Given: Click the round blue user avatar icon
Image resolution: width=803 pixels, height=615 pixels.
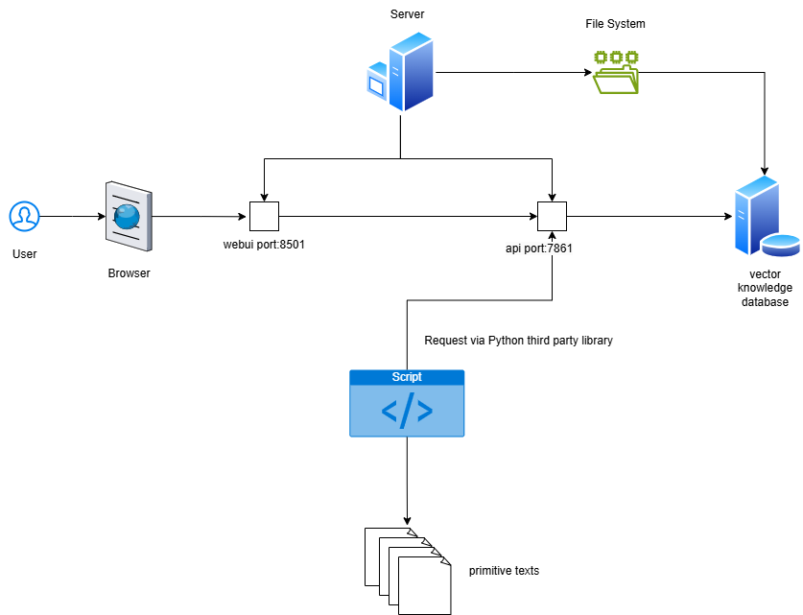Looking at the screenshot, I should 24,216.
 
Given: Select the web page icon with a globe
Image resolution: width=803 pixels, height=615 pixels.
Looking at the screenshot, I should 128,217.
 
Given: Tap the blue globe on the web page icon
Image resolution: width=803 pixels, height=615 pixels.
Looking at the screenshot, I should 127,217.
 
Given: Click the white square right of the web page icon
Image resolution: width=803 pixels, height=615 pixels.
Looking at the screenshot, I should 264,216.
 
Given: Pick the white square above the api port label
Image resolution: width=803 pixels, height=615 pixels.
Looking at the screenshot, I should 552,216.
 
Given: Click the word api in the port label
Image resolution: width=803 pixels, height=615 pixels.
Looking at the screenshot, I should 513,248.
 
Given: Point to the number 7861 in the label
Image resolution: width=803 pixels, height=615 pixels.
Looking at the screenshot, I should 559,248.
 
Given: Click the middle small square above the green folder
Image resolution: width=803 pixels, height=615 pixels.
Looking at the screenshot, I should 616,58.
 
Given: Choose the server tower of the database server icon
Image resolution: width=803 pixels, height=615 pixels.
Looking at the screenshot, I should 754,213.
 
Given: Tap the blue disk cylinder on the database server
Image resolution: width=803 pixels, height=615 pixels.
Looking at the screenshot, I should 781,245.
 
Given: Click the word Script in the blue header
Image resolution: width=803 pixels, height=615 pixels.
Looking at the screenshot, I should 407,377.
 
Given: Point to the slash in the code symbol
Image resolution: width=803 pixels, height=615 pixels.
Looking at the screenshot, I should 407,411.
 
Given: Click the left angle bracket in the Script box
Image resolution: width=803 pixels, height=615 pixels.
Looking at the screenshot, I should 390,411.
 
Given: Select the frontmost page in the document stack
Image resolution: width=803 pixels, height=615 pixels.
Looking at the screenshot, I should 423,586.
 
